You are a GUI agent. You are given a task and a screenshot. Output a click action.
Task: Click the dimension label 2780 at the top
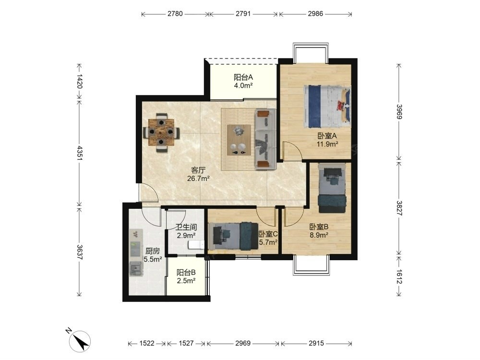coord(175,14)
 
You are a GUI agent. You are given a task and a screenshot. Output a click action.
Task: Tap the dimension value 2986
coord(315,14)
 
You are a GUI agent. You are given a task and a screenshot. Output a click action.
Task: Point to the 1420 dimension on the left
coord(79,81)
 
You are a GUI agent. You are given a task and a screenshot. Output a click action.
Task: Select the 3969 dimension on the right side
coord(399,112)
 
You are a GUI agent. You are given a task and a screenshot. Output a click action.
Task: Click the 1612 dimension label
coord(399,276)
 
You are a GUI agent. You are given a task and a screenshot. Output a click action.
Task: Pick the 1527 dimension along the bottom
coord(186,343)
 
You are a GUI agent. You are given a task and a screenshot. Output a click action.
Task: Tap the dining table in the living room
coord(161,132)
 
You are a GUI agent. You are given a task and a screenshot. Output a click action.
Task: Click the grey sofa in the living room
coord(265,139)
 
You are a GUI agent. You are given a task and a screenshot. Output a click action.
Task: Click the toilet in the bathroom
coord(196,245)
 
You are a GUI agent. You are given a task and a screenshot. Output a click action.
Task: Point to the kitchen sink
coord(136,269)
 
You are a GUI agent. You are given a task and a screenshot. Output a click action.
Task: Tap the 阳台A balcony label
coord(243,77)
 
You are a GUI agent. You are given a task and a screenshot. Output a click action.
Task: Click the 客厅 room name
coord(198,170)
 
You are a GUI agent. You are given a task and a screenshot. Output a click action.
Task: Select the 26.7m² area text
coord(198,178)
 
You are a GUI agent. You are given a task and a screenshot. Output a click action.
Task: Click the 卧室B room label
coord(319,227)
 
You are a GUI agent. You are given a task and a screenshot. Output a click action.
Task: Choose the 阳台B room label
coord(186,272)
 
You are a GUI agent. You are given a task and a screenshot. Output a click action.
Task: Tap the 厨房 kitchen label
coord(153,251)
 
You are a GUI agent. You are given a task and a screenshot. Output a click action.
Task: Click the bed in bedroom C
coord(233,235)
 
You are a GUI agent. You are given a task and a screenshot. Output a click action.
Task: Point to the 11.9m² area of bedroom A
coord(327,144)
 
